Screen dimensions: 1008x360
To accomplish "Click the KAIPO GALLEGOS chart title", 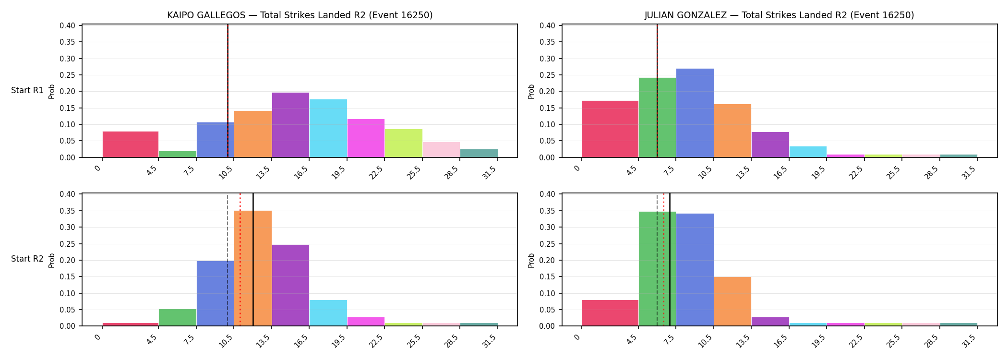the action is point(300,15).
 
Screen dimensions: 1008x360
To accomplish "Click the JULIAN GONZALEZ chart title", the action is point(779,15).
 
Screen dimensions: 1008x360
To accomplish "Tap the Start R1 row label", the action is point(27,90).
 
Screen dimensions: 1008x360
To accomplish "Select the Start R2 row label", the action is point(27,259).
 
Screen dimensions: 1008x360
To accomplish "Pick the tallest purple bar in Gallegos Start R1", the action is point(290,125).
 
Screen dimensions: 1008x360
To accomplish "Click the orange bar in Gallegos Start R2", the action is point(253,268).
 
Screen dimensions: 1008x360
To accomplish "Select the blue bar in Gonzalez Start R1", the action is point(695,113).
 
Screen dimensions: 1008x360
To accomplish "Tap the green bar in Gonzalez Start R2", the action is point(657,269).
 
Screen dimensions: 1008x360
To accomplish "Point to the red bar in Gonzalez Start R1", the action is point(610,129).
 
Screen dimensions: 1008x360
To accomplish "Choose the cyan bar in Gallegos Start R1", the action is point(328,128).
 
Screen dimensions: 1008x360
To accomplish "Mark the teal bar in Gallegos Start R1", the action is point(479,153).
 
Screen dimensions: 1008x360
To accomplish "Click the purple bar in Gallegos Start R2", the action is point(290,285).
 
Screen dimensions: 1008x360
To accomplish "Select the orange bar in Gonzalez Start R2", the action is point(732,301).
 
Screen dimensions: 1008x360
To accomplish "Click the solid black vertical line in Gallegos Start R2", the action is point(253,260).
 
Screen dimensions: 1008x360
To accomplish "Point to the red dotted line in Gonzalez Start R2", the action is point(663,260).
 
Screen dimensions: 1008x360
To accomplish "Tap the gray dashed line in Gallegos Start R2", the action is point(228,260).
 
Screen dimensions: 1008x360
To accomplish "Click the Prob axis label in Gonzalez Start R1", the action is point(531,91).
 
